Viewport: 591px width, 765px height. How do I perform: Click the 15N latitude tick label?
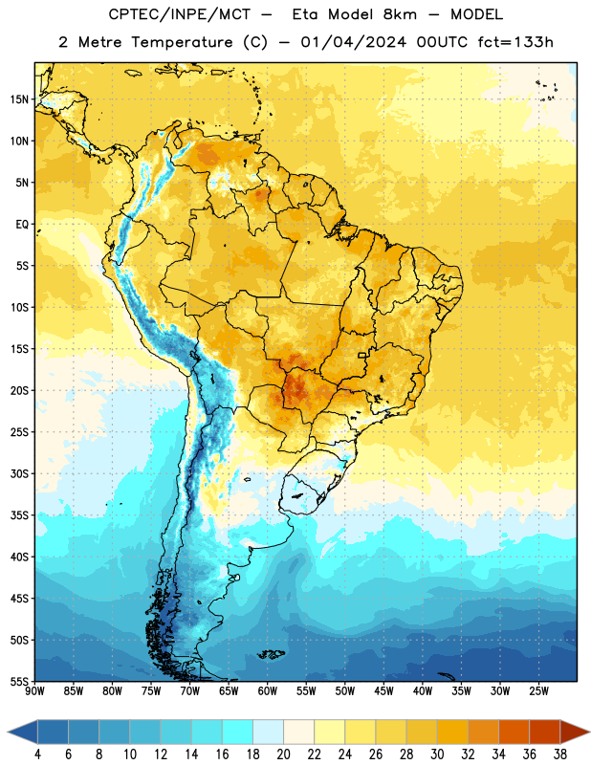(x=19, y=99)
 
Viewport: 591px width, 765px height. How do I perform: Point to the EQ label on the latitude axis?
(x=22, y=225)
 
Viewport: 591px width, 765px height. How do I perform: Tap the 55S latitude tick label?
(x=19, y=681)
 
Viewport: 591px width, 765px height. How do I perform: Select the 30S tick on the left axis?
(x=19, y=473)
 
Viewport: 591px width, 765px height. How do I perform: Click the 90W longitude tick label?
(x=34, y=690)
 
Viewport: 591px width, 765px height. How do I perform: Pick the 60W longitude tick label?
(x=268, y=690)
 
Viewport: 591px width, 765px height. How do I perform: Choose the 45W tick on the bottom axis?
(x=383, y=690)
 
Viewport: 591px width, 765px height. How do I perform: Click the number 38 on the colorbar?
(x=560, y=754)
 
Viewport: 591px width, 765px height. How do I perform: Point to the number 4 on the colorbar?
(x=37, y=754)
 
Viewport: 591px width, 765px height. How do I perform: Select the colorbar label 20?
(x=283, y=754)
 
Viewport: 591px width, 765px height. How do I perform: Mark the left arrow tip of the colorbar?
(x=8, y=732)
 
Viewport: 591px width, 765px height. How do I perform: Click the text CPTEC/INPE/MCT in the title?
(x=180, y=14)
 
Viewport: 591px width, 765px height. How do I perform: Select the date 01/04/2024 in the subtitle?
(x=353, y=42)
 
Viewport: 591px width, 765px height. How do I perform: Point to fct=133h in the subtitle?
(x=515, y=42)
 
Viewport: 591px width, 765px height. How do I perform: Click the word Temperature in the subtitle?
(x=182, y=43)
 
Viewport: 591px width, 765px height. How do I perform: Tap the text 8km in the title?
(x=400, y=14)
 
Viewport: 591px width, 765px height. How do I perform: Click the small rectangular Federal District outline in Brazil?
(x=362, y=355)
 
